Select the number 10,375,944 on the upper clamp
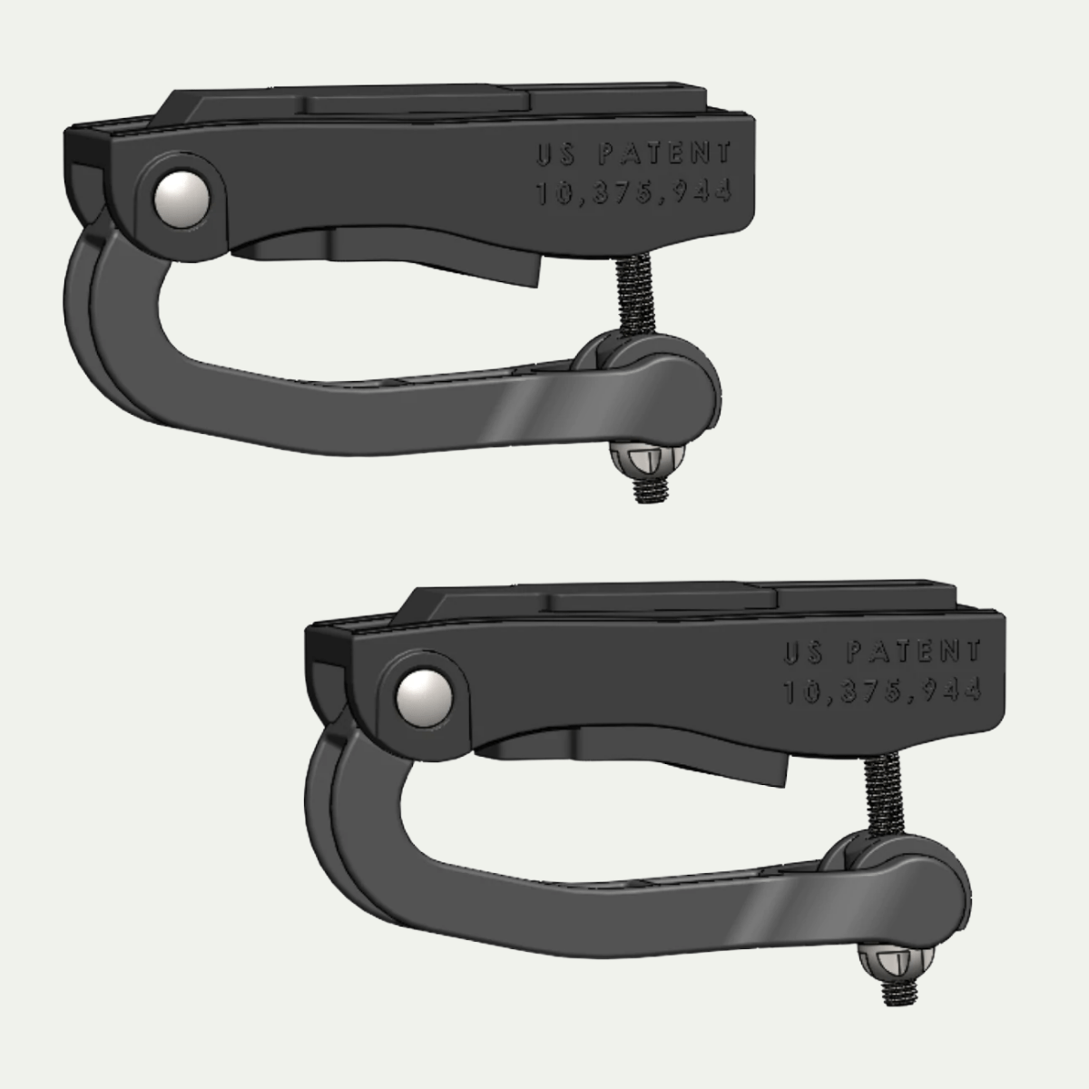coord(633,193)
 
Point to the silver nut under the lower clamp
coord(893,959)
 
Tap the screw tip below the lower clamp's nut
coord(898,988)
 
